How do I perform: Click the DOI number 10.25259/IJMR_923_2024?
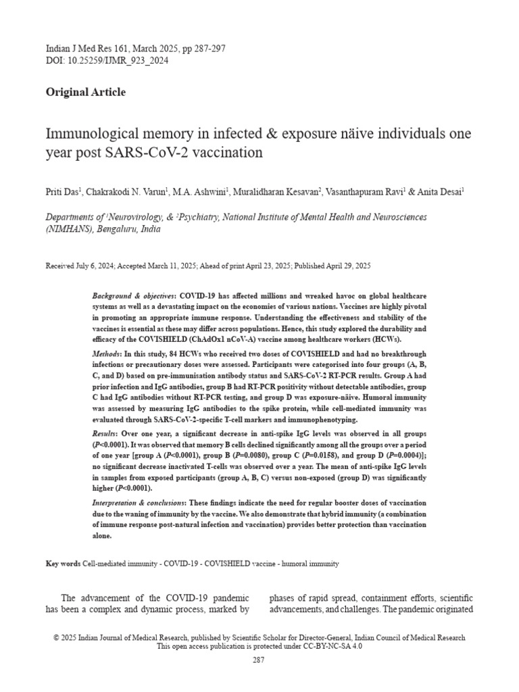click(114, 61)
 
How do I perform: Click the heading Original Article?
click(85, 93)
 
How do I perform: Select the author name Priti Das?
click(63, 193)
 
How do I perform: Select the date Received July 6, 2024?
click(80, 266)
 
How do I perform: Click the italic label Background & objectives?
click(133, 297)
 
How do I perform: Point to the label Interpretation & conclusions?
click(138, 503)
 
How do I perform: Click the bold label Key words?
click(63, 564)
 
